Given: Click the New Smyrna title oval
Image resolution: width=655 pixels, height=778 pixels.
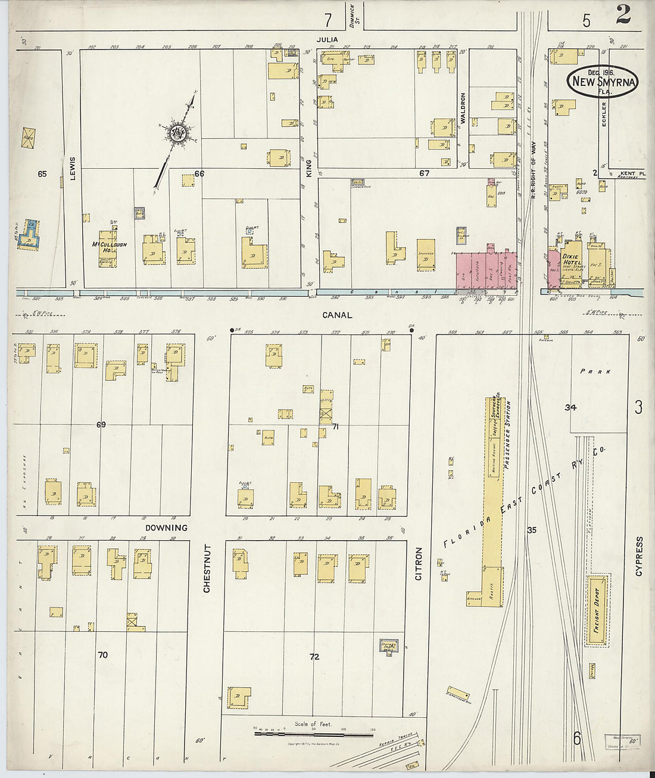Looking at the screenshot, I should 602,82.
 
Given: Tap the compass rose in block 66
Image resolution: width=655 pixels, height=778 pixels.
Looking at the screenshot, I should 176,134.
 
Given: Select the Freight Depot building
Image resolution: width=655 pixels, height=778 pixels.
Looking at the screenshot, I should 597,610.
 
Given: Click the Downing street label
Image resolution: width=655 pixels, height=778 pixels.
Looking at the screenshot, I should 166,528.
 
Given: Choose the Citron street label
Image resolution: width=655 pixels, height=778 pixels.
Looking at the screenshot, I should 419,563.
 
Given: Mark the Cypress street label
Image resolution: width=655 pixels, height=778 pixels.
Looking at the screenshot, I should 639,556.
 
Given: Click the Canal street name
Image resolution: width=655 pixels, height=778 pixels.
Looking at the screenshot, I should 337,315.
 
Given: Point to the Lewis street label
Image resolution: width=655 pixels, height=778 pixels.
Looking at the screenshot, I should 73,168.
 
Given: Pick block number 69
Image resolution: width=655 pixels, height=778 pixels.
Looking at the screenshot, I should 101,424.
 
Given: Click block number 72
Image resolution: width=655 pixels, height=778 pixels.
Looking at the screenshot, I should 314,656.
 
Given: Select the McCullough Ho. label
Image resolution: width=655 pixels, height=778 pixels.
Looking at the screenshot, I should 109,247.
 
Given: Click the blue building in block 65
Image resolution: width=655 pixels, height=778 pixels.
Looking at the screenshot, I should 29,234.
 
